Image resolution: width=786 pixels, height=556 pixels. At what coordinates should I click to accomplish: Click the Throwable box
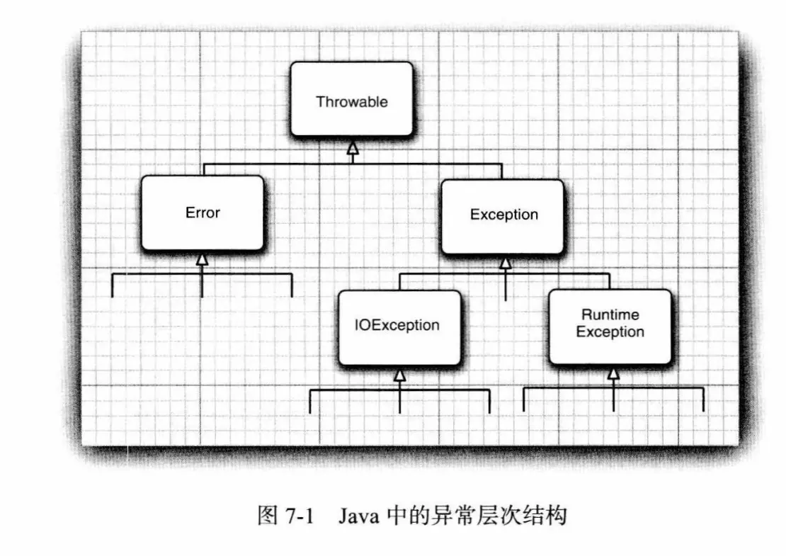pos(352,99)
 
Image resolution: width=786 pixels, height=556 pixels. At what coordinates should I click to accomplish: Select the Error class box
pos(203,212)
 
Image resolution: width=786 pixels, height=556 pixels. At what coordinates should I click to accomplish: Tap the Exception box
pos(503,216)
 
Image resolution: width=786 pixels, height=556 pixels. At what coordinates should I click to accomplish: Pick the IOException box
pos(399,326)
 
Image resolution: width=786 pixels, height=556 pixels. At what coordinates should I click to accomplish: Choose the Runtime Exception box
pos(610,326)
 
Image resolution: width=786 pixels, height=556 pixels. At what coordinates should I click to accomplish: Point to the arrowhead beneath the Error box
pos(203,260)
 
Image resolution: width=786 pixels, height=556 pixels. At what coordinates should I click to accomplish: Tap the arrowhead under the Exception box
pos(505,263)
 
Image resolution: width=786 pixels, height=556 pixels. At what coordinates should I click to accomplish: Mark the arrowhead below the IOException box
pos(399,375)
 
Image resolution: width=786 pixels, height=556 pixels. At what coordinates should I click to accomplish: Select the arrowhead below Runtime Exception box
pos(613,373)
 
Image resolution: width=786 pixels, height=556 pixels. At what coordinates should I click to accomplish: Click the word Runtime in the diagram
pos(610,314)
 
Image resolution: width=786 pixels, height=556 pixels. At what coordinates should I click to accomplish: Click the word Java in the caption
pos(358,516)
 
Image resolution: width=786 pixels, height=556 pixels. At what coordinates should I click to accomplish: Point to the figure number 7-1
pos(300,516)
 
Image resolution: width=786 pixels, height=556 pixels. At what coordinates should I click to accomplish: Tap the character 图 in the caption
pos(267,516)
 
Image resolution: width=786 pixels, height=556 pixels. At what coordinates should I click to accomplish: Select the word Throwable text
pos(352,101)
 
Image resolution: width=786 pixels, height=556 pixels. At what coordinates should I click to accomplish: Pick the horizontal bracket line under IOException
pos(354,390)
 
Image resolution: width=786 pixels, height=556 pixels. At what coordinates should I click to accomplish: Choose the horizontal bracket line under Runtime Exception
pos(566,387)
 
